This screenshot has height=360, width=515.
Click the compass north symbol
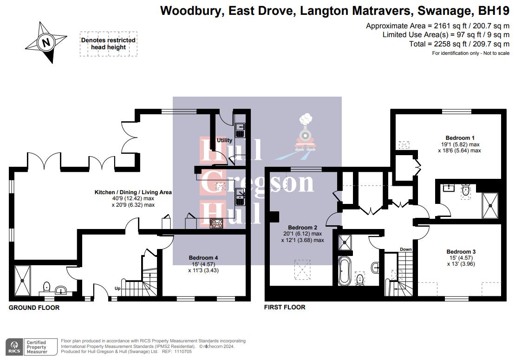[x=46, y=43]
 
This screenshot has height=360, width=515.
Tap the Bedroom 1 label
[x=460, y=138]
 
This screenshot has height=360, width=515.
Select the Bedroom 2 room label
[x=302, y=228]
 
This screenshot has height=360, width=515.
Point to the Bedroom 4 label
[x=203, y=258]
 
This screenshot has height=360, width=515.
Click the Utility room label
[x=225, y=140]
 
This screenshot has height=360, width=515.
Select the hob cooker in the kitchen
[x=216, y=223]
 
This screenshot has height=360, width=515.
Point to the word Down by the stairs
[x=406, y=249]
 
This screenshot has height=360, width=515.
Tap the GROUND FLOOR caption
[x=34, y=308]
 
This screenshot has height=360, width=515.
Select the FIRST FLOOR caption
[x=285, y=307]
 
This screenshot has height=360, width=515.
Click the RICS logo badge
[x=14, y=346]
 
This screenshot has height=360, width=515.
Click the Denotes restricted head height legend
[x=108, y=44]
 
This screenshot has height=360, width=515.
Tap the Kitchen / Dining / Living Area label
[x=133, y=192]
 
